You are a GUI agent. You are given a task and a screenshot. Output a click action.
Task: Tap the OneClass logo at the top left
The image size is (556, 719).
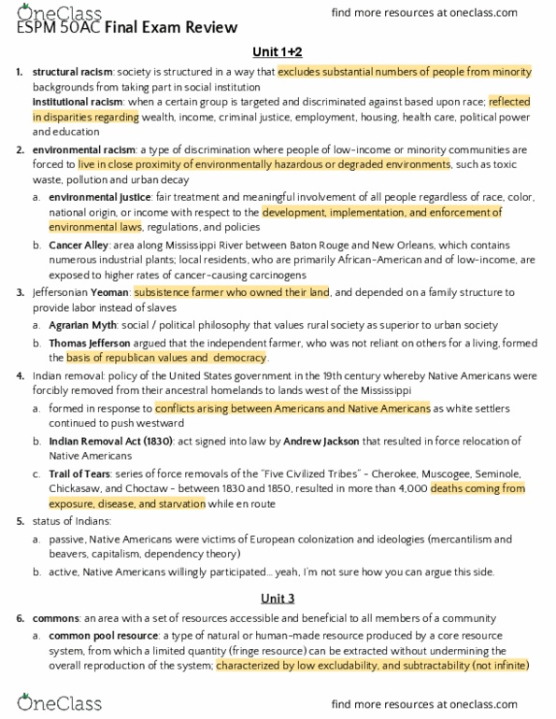click(x=47, y=11)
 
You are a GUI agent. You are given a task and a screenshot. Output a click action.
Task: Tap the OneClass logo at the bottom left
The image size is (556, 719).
click(x=47, y=702)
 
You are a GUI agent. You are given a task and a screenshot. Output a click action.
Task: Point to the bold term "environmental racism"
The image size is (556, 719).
click(x=82, y=149)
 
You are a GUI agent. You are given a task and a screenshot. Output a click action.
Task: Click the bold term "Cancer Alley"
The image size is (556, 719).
click(x=78, y=245)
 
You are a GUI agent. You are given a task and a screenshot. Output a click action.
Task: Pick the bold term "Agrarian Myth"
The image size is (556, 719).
click(x=83, y=325)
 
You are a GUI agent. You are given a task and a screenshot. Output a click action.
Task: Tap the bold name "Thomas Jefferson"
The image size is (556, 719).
click(x=90, y=343)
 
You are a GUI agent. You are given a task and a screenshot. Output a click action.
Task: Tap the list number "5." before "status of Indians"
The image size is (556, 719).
click(x=20, y=520)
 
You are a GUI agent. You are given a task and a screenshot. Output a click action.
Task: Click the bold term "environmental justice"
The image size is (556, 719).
click(x=99, y=197)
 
